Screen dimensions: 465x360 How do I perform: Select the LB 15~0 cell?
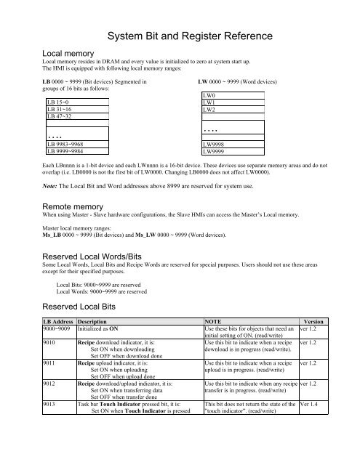point(60,103)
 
